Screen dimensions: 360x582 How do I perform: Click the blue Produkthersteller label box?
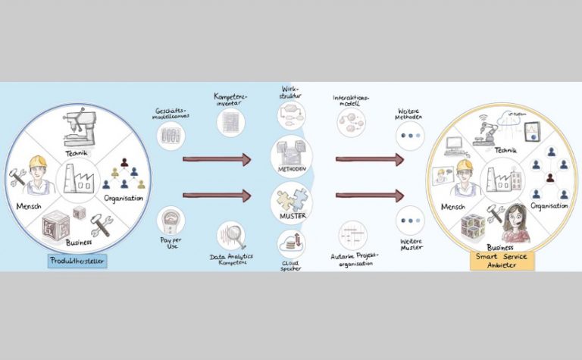77,261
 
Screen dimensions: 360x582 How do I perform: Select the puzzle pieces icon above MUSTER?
291,202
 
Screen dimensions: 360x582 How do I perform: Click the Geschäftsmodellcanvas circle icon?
170,137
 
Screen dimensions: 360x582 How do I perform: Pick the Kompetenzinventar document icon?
231,121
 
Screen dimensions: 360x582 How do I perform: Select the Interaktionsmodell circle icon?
351,122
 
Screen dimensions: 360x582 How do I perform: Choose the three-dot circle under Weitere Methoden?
410,137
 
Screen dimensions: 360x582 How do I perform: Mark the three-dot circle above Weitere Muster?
410,221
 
